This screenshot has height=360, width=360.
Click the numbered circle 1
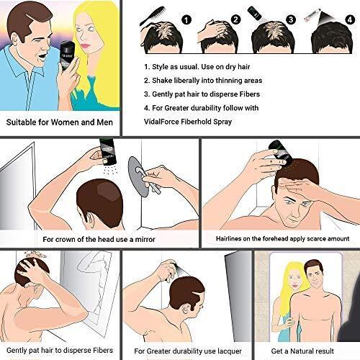click(x=186, y=19)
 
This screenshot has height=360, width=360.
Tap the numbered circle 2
click(x=235, y=19)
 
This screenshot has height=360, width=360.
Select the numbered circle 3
click(x=291, y=19)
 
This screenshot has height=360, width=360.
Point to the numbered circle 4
click(x=350, y=19)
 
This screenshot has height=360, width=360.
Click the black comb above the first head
click(x=152, y=16)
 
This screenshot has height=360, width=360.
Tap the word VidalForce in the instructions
click(x=161, y=122)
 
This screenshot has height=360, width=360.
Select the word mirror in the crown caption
click(x=145, y=239)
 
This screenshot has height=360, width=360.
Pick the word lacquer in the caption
click(x=230, y=351)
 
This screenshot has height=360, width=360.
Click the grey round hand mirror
click(x=138, y=176)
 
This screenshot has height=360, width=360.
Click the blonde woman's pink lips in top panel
click(x=85, y=46)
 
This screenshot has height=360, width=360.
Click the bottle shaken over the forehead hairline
click(x=281, y=153)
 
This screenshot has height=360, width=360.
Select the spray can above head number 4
click(x=312, y=15)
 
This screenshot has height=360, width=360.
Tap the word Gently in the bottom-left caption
click(x=17, y=351)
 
